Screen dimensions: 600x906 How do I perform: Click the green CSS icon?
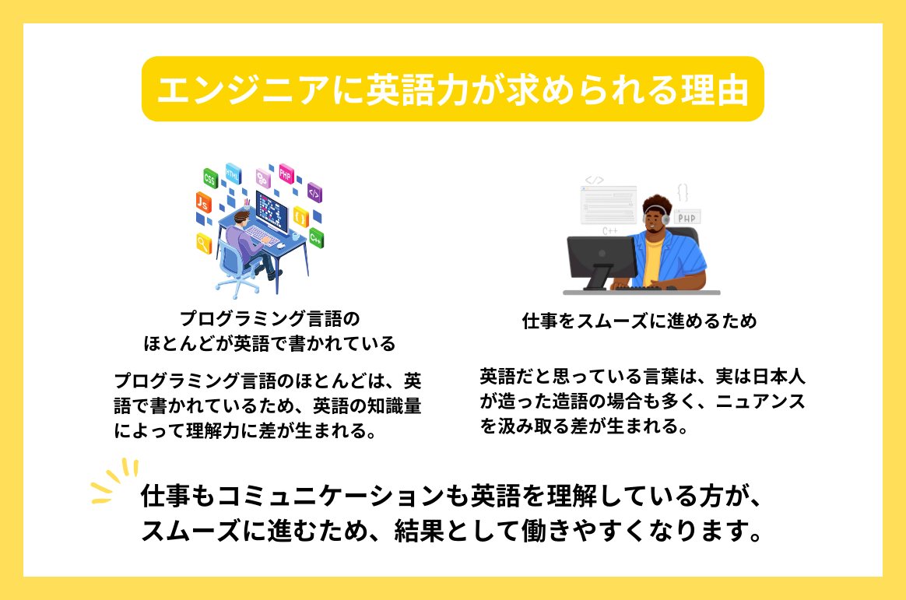click(x=209, y=178)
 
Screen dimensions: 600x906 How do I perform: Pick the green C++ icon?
click(x=315, y=237)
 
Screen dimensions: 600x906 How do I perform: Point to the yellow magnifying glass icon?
click(x=204, y=244)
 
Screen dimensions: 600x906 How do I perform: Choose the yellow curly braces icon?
click(x=300, y=216)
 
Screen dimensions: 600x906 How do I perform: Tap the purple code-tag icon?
click(x=314, y=192)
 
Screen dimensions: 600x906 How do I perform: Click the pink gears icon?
click(x=262, y=179)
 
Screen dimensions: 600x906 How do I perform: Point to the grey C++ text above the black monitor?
click(x=610, y=231)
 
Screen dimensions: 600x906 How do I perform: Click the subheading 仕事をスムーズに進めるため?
click(x=639, y=321)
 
